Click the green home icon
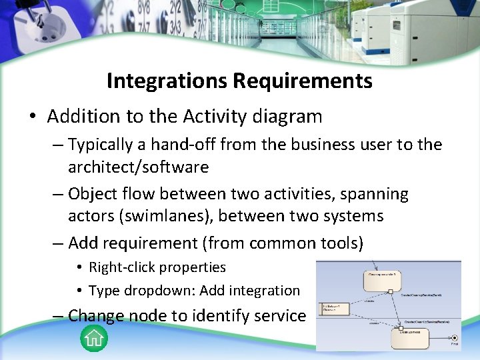click(94, 339)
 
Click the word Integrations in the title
click(167, 81)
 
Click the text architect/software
click(138, 167)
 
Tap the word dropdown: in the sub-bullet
click(152, 291)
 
